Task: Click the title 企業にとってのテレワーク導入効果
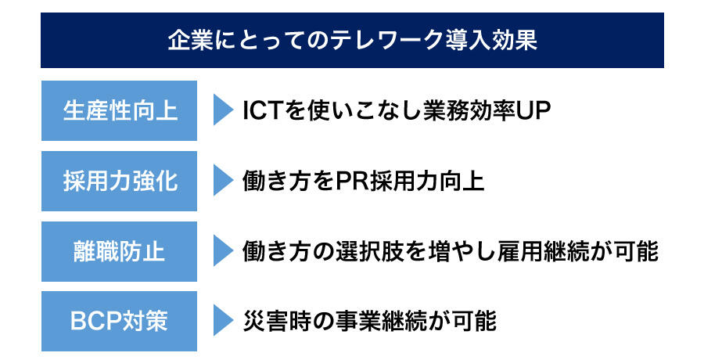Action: pyautogui.click(x=353, y=41)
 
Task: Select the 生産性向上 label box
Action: pyautogui.click(x=119, y=110)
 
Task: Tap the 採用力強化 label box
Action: pyautogui.click(x=119, y=181)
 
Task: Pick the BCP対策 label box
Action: pyautogui.click(x=119, y=322)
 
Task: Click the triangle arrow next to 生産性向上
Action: pyautogui.click(x=223, y=110)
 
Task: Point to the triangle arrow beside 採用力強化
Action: pyautogui.click(x=223, y=180)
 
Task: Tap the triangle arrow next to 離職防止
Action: pyautogui.click(x=223, y=250)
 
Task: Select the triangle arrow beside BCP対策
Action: pyautogui.click(x=223, y=320)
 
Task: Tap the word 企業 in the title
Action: pyautogui.click(x=190, y=41)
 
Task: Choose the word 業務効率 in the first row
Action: pyautogui.click(x=469, y=110)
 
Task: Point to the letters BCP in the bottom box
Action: pyautogui.click(x=96, y=322)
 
